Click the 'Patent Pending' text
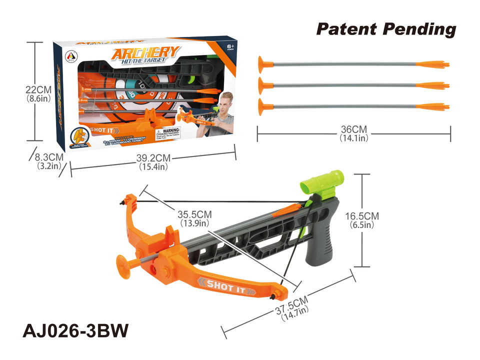coord(385,29)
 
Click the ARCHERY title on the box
coord(144,53)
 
